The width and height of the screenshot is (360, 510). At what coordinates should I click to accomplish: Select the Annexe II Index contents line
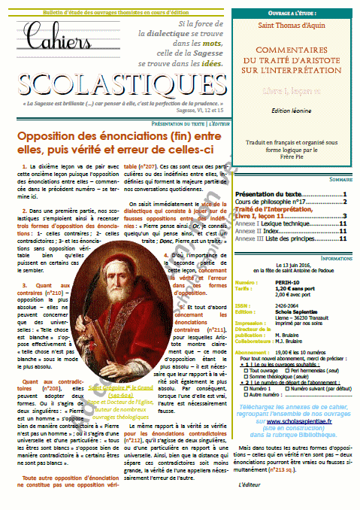point(263,231)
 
